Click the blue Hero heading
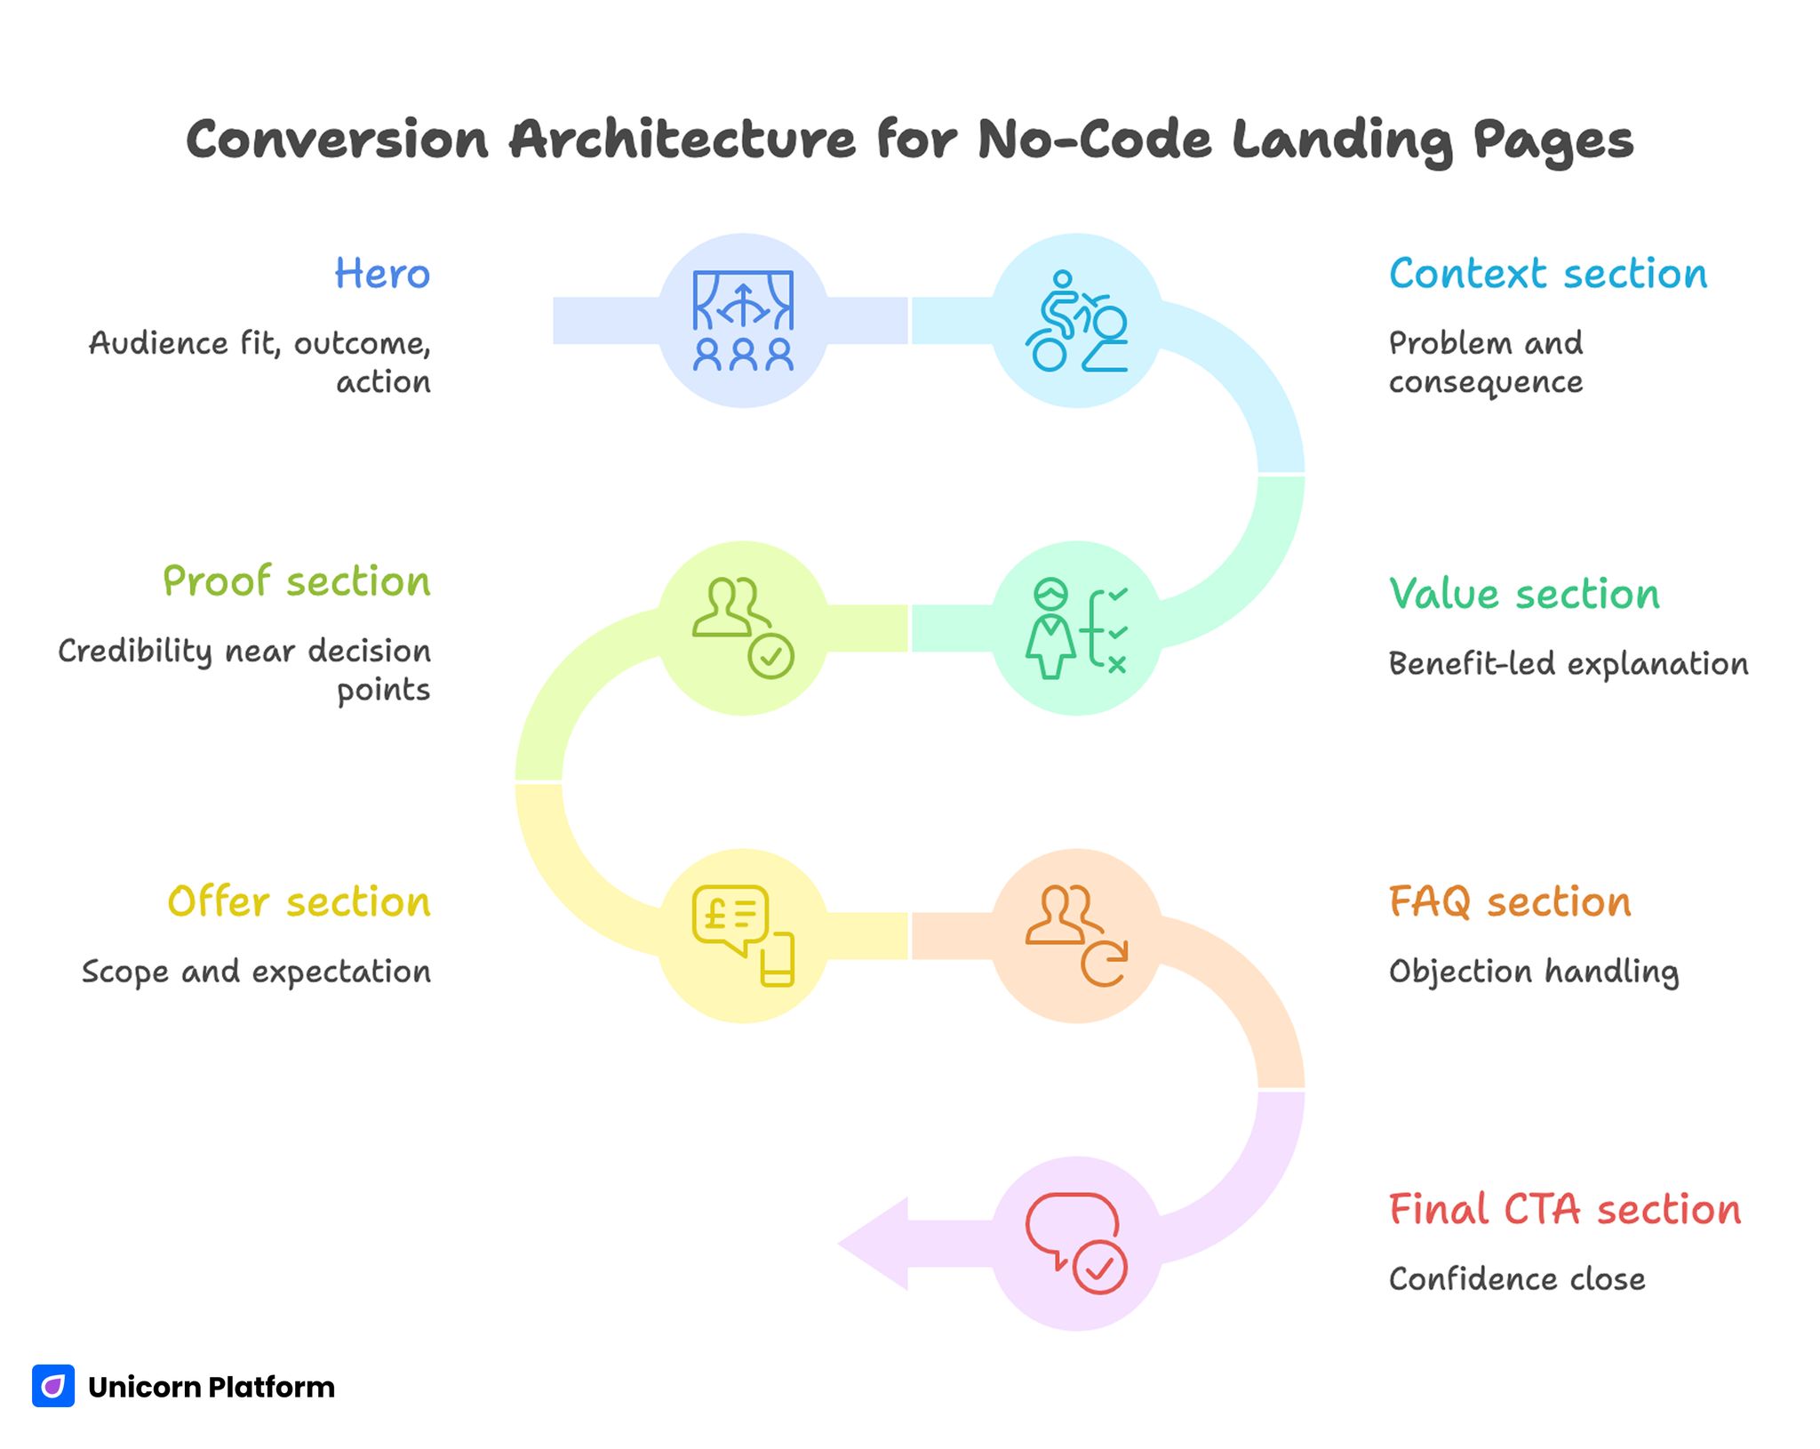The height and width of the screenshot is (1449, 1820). [382, 274]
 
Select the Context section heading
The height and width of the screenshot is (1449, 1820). [1547, 274]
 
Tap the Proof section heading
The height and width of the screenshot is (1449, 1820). [296, 581]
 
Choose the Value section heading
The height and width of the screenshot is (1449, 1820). [1524, 594]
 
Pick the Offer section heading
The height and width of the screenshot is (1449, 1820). [299, 901]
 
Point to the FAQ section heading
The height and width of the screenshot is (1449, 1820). [1510, 901]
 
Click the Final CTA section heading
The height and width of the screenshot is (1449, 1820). [1564, 1210]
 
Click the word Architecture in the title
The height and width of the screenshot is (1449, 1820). [682, 140]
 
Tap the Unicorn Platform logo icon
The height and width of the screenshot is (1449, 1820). [53, 1386]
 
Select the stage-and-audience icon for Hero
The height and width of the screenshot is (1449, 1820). [743, 321]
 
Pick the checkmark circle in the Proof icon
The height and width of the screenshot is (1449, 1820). [770, 657]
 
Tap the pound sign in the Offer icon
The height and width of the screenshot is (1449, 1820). [714, 913]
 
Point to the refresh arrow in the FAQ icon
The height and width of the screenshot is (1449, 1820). [1105, 964]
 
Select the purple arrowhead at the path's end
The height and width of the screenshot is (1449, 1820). [875, 1243]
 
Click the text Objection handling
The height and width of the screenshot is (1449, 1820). [1533, 972]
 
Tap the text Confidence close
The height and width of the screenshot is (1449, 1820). [1516, 1279]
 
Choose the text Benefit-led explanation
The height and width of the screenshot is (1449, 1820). [1568, 664]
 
